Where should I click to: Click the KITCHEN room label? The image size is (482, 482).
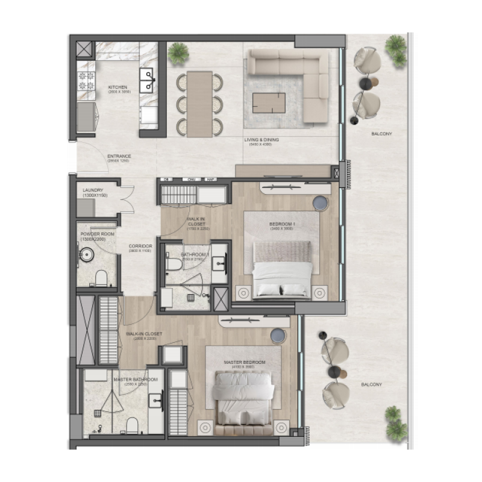click(119, 88)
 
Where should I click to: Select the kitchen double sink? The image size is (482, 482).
click(147, 80)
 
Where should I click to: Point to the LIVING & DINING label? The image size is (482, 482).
click(261, 140)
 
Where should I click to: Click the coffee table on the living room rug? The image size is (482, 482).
click(269, 102)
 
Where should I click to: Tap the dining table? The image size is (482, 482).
click(199, 104)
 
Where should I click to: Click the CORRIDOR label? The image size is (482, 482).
click(140, 246)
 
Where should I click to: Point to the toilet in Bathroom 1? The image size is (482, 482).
click(174, 263)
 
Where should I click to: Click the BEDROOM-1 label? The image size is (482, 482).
click(282, 225)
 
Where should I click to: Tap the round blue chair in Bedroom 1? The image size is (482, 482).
click(320, 204)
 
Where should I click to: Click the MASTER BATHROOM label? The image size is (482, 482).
click(136, 380)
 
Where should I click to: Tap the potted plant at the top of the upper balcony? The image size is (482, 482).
click(396, 45)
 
